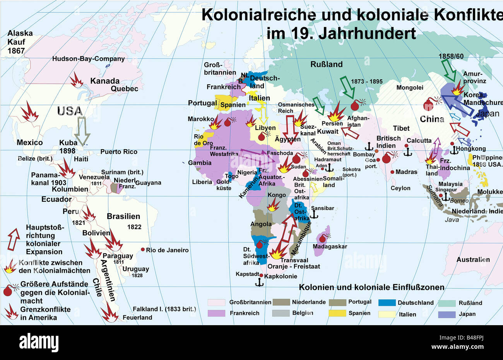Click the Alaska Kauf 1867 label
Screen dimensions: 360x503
pos(20,42)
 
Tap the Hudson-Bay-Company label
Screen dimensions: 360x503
pos(89,59)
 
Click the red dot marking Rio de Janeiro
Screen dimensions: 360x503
pos(143,250)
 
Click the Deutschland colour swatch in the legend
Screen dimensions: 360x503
pos(387,303)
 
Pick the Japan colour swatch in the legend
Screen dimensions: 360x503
pos(447,314)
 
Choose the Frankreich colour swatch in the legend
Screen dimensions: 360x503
pos(216,313)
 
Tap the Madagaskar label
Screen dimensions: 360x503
pos(330,247)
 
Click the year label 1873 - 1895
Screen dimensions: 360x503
pos(366,82)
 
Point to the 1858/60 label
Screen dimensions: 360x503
pos(451,56)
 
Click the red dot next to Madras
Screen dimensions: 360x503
pos(392,172)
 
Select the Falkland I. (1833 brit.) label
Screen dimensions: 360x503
pos(164,309)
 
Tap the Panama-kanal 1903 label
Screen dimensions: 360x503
pos(49,179)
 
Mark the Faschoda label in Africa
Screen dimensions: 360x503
pos(280,153)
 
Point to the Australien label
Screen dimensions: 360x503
pos(473,259)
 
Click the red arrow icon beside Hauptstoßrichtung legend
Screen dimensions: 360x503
pos(14,239)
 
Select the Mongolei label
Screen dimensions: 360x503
pos(410,88)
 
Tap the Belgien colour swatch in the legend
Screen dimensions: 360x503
pos(281,313)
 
